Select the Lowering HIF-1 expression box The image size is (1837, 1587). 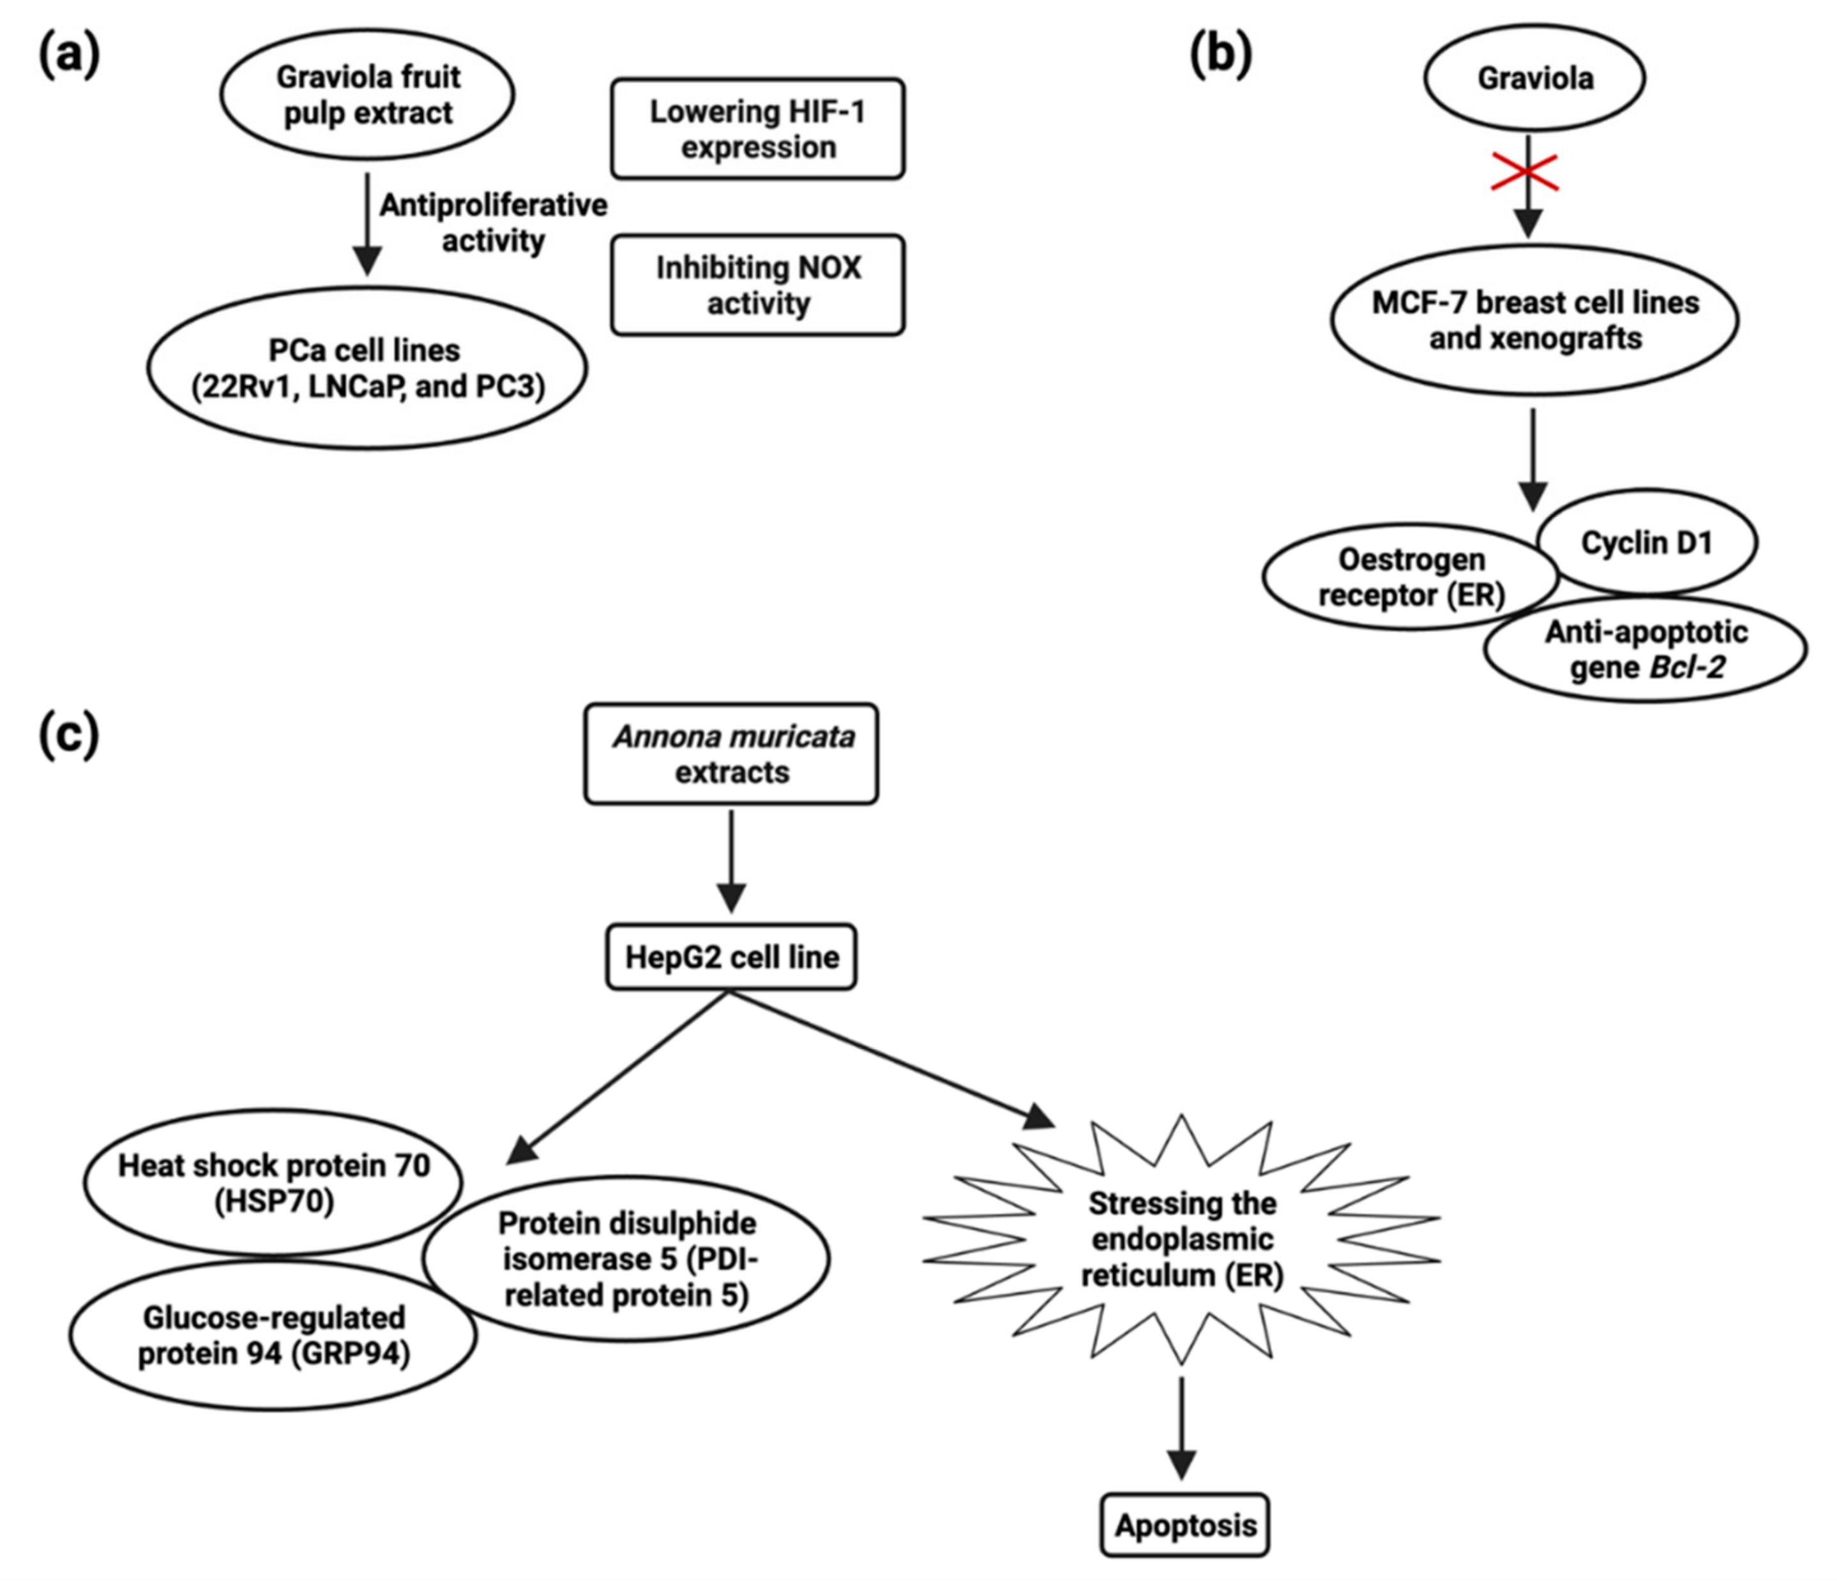coord(758,130)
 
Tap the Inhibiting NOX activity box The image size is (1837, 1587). coord(758,285)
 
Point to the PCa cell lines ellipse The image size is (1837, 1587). coord(367,368)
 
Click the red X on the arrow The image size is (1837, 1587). coord(1525,172)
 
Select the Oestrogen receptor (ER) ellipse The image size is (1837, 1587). coord(1410,577)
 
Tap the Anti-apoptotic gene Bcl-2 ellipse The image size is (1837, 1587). coord(1645,650)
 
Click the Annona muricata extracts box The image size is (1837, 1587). coord(732,754)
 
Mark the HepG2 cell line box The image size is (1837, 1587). coord(732,957)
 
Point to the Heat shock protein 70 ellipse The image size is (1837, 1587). coord(273,1183)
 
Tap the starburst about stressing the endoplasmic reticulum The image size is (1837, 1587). coord(1182,1240)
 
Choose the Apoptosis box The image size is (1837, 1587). coord(1184,1525)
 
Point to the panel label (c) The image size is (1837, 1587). coord(69,736)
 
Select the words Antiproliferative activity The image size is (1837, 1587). coord(493,223)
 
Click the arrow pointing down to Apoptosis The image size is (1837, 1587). coord(1182,1427)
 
